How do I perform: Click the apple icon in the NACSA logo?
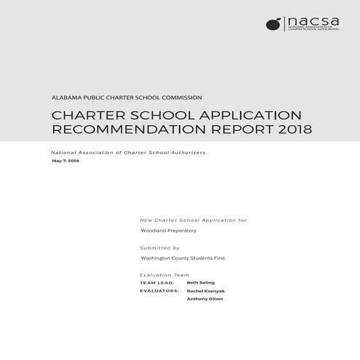[x=273, y=24]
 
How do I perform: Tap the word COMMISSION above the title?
[x=181, y=97]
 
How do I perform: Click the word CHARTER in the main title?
[x=86, y=116]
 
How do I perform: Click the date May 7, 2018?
[x=65, y=161]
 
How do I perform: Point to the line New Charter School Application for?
[x=193, y=219]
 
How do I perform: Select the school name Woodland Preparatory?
[x=168, y=231]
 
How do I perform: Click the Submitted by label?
[x=159, y=247]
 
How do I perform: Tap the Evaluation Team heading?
[x=164, y=275]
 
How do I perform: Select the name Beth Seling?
[x=200, y=282]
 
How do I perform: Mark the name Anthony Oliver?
[x=204, y=299]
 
